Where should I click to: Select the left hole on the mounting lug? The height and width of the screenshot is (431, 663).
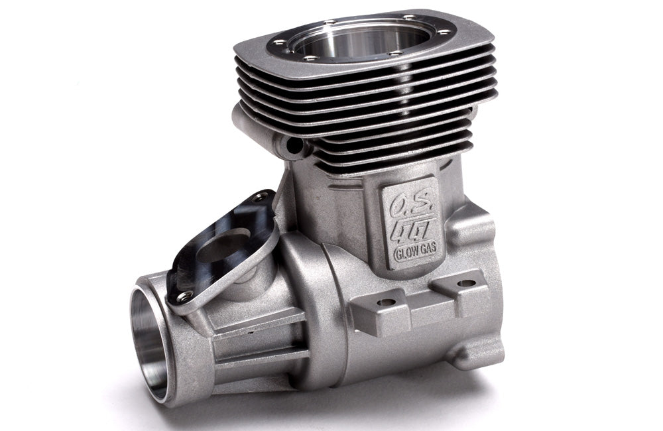383,302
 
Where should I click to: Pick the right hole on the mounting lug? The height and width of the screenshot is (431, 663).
466,283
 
